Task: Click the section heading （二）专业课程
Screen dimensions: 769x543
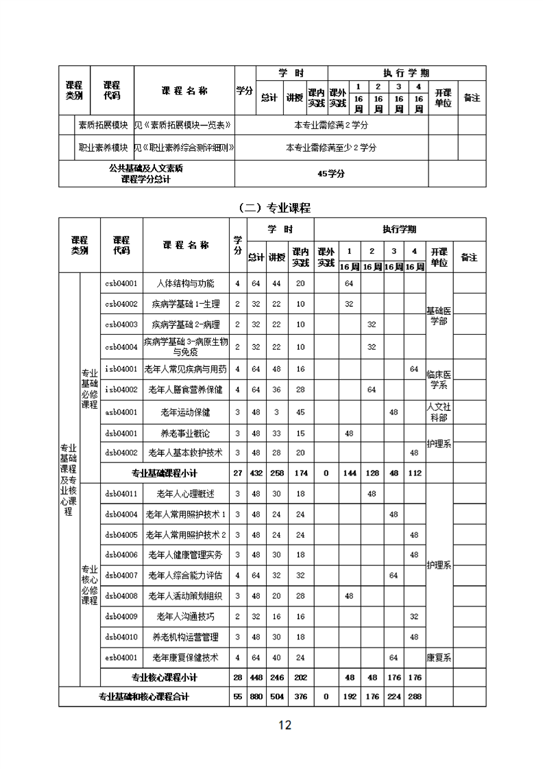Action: [x=271, y=207]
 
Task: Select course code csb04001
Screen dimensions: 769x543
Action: [x=121, y=283]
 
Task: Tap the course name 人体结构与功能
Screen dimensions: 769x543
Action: [x=185, y=283]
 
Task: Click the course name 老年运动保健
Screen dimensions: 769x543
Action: [x=185, y=412]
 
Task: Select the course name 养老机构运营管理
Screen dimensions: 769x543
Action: [x=185, y=637]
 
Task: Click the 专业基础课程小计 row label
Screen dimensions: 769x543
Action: [x=165, y=473]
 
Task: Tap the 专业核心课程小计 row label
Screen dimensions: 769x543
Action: [x=165, y=677]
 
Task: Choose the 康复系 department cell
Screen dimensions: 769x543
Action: [x=439, y=657]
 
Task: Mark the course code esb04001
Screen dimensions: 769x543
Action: [x=121, y=657]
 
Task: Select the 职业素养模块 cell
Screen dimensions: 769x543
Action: [x=104, y=147]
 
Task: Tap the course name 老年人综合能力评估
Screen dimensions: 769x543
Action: [x=185, y=575]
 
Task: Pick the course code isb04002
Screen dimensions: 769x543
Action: [x=121, y=390]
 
